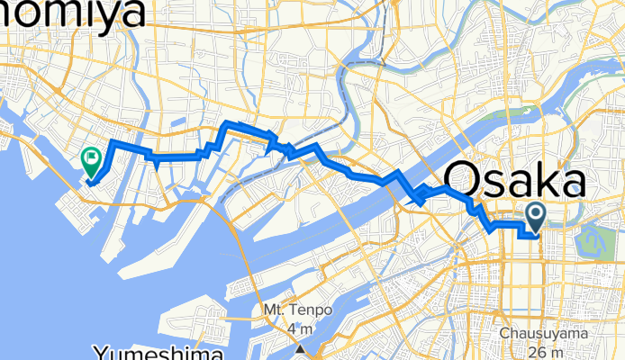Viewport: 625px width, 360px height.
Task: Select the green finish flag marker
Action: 92,160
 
